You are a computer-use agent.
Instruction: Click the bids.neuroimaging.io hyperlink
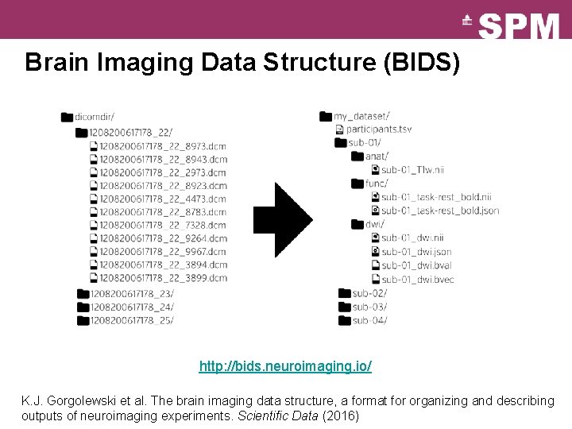(x=285, y=367)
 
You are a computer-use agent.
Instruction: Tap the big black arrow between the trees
(x=282, y=220)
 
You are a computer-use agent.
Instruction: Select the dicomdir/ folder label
(x=95, y=118)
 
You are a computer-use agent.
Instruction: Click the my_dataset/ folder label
(x=361, y=116)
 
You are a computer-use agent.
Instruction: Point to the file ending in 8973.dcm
(x=163, y=145)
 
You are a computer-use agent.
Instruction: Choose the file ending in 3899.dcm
(x=163, y=278)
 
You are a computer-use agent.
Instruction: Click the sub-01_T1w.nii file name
(x=412, y=169)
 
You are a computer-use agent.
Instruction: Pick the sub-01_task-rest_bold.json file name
(x=439, y=211)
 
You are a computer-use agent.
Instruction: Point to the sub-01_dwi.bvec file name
(x=417, y=279)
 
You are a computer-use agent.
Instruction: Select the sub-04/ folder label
(x=369, y=320)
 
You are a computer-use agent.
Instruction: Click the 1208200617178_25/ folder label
(x=132, y=320)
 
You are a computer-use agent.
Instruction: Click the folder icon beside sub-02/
(x=344, y=293)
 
